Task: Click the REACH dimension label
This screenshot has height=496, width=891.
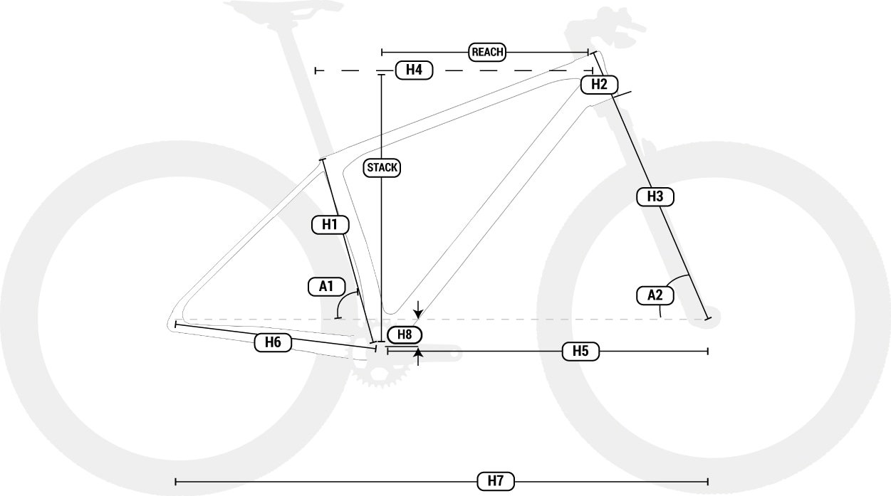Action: click(x=487, y=51)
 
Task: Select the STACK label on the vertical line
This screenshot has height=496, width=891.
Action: click(x=382, y=168)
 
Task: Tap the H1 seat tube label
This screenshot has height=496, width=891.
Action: click(x=330, y=225)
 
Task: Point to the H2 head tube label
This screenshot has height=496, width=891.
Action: click(x=599, y=85)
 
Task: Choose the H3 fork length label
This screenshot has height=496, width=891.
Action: click(x=655, y=196)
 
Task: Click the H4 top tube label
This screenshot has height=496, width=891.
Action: click(x=414, y=70)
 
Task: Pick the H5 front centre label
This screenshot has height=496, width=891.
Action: click(x=580, y=351)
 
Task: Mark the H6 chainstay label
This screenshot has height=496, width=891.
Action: click(x=272, y=342)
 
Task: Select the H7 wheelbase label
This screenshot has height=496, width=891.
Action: click(x=496, y=481)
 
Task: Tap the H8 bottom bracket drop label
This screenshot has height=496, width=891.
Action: click(x=405, y=334)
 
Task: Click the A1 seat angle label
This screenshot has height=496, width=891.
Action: click(x=326, y=287)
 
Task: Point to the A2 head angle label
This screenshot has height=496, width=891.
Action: click(x=655, y=295)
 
